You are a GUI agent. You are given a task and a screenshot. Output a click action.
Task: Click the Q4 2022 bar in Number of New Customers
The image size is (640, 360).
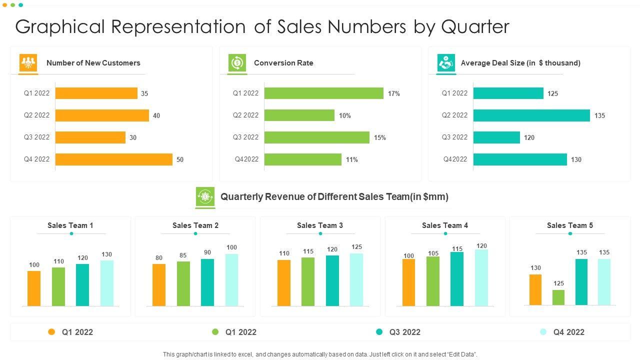point(113,159)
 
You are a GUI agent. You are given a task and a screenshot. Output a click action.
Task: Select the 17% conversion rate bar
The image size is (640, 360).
point(323,93)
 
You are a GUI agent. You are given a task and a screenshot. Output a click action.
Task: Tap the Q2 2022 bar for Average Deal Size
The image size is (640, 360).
point(531,115)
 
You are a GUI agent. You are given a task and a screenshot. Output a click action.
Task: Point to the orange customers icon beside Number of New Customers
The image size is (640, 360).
point(28,63)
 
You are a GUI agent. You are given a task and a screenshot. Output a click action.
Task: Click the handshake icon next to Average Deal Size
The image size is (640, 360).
point(446,63)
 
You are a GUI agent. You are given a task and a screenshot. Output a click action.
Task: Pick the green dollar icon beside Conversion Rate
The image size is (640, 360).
point(237,63)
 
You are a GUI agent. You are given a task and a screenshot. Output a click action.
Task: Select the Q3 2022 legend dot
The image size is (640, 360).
point(379,332)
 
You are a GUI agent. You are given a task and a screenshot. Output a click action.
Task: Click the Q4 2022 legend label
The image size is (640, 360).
point(568,332)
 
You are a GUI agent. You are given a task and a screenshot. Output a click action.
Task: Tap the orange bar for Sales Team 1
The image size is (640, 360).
point(34,288)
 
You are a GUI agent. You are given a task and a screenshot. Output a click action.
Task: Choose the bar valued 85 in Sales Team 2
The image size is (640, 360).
point(183,283)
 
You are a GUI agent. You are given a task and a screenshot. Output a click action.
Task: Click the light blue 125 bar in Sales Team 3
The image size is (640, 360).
point(356,279)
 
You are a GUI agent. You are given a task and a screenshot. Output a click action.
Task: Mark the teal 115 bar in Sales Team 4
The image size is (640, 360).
point(456,278)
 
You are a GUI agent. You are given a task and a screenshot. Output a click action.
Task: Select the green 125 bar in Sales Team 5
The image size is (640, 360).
point(558,297)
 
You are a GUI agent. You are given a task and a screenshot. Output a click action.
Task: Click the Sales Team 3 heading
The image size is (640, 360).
point(320,225)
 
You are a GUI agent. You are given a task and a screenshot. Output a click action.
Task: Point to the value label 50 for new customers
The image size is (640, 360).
point(180,160)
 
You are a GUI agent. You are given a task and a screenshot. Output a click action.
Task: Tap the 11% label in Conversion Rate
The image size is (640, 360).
point(351,160)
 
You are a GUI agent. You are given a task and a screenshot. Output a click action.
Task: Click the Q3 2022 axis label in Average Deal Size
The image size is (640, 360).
point(454,137)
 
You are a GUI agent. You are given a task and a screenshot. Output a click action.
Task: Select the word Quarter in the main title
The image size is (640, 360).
point(475,27)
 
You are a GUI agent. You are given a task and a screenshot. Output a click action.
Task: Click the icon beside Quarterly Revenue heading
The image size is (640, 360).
point(205,197)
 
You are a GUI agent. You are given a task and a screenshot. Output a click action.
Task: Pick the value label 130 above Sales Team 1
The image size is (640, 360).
point(106,254)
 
